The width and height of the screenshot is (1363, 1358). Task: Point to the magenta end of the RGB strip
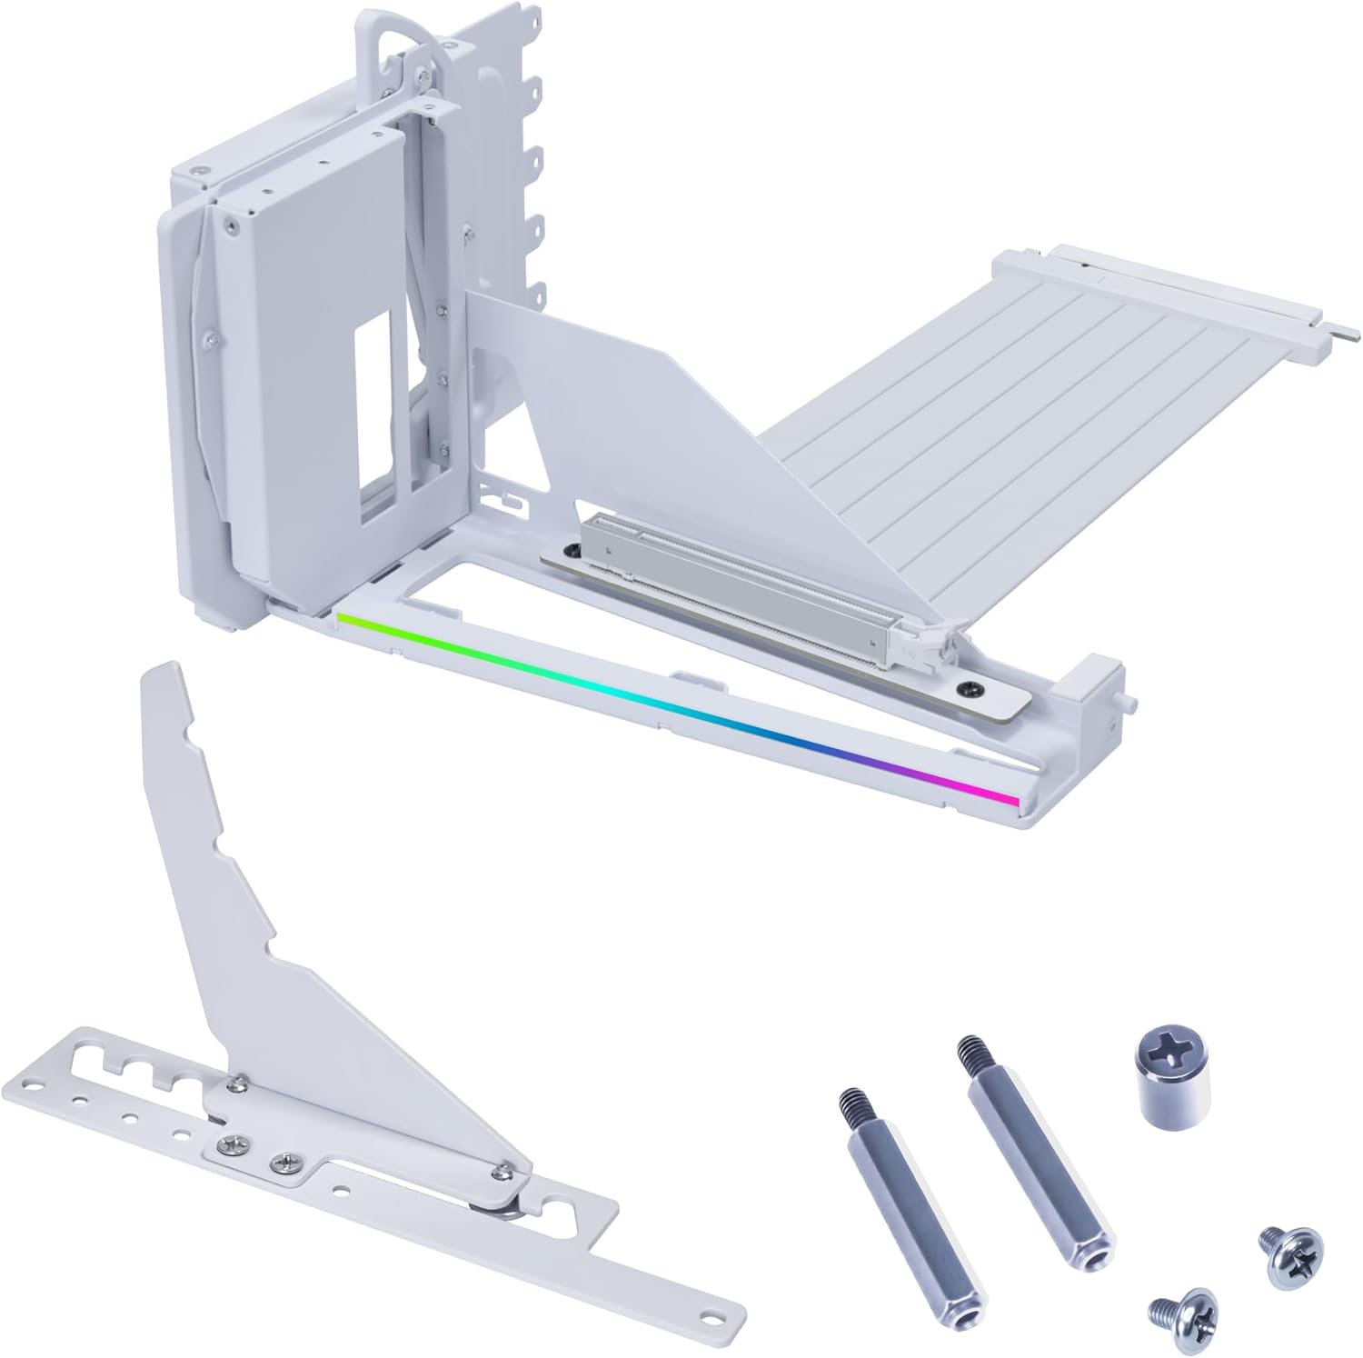[1004, 797]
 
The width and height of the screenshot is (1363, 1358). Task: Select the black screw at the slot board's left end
[572, 552]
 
